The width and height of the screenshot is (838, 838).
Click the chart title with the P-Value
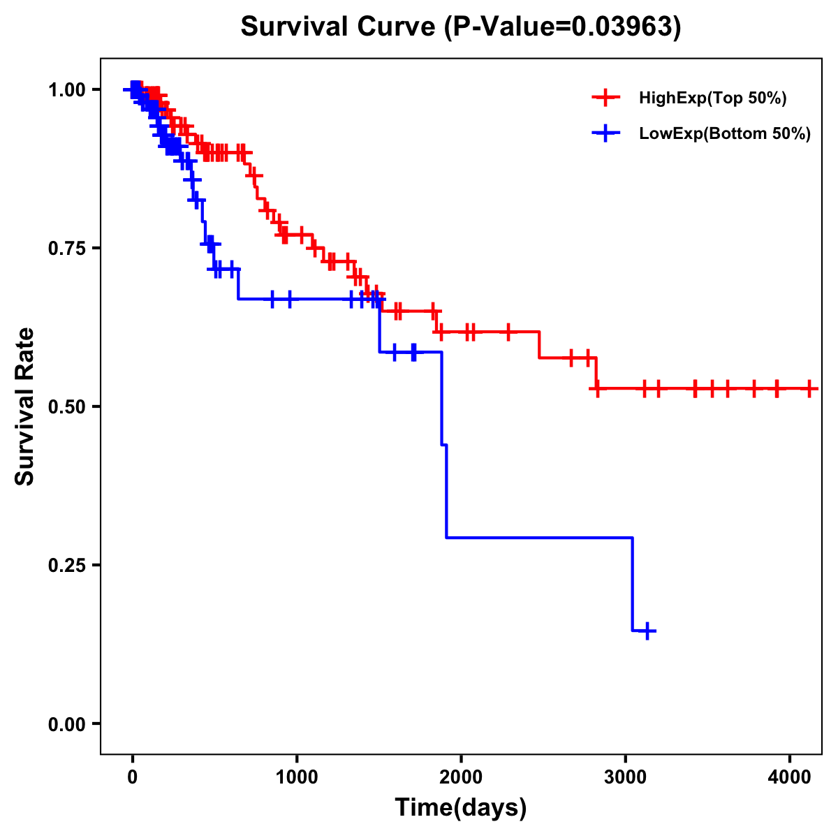(x=460, y=27)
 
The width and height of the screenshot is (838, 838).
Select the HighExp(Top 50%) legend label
(x=712, y=98)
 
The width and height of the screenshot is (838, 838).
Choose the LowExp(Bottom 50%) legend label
(x=725, y=134)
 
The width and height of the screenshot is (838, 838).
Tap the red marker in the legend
(x=605, y=98)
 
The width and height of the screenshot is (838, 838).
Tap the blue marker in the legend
(x=605, y=133)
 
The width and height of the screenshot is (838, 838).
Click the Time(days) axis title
(x=461, y=808)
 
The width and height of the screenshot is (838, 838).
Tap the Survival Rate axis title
(x=25, y=406)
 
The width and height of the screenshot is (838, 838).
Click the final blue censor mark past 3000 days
(x=647, y=631)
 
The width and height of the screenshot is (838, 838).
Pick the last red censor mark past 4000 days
(x=809, y=388)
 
